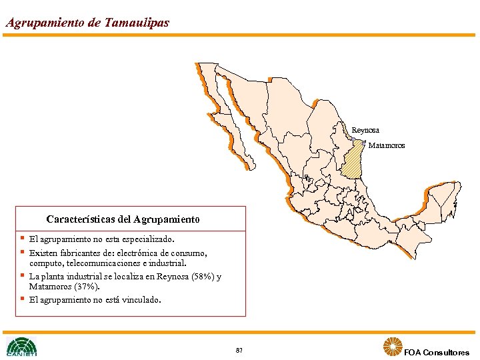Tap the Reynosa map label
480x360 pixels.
point(365,130)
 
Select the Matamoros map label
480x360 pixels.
point(387,145)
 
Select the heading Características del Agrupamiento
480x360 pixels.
point(123,219)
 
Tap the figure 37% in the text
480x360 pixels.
point(88,287)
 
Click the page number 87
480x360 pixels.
point(239,350)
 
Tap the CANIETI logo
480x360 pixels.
point(21,347)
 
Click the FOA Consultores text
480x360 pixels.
point(437,353)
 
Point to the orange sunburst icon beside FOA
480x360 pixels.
point(392,347)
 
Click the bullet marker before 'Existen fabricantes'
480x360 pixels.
point(22,252)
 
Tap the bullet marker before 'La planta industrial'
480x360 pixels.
point(22,275)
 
